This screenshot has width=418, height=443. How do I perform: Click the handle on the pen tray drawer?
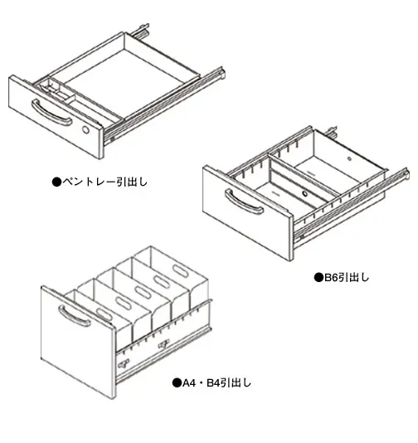tap(51, 113)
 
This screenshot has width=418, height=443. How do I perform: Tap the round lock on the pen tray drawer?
tap(85, 130)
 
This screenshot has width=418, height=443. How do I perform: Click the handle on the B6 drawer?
tap(244, 202)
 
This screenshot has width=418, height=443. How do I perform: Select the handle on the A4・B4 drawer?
tap(74, 316)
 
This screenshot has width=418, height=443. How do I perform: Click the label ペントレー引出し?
tap(104, 182)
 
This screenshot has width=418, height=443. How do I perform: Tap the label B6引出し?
tap(347, 277)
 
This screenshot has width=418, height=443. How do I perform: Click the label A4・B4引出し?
tap(216, 382)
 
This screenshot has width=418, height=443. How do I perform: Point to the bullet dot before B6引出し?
tap(318, 278)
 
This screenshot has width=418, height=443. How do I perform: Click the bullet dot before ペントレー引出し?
tap(56, 182)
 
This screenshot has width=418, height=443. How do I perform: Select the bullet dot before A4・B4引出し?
tap(177, 383)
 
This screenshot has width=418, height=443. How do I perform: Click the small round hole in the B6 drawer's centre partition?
tap(304, 193)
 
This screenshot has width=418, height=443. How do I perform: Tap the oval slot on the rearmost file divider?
tap(181, 270)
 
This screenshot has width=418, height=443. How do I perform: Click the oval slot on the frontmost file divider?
tap(104, 314)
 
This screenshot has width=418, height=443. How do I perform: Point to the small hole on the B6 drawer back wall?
tap(349, 158)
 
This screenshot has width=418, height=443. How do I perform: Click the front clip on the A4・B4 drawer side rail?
tap(124, 364)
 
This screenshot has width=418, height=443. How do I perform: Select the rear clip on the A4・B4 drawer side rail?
tap(163, 344)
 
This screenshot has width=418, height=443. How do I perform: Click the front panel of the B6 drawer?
tap(247, 212)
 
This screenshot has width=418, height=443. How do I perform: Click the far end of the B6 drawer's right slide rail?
tap(406, 173)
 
